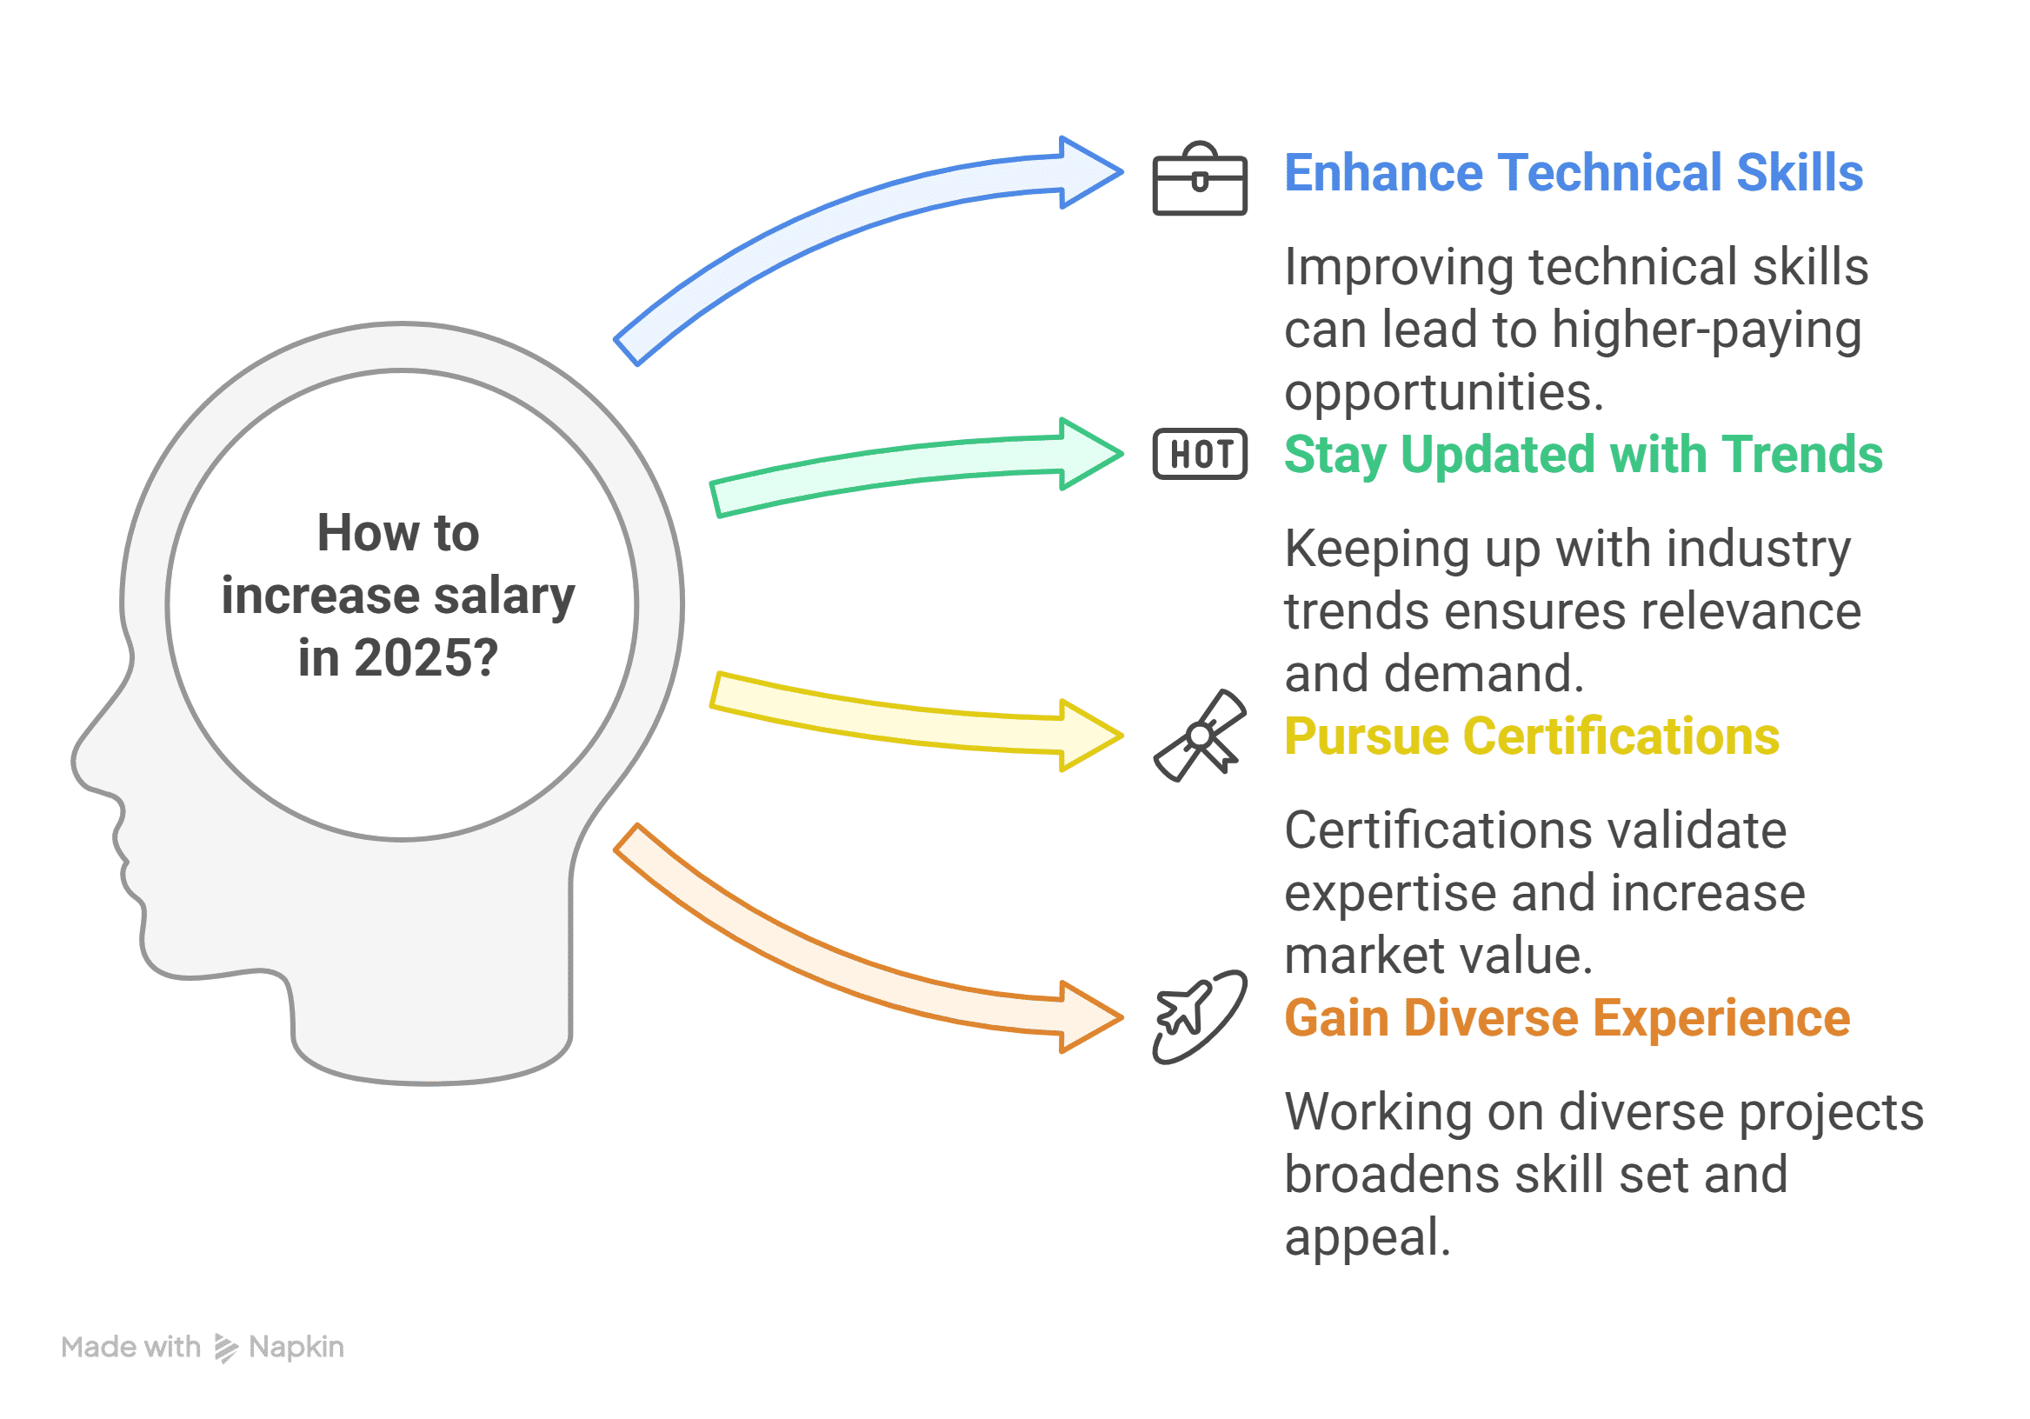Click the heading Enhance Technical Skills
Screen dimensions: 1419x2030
[1573, 172]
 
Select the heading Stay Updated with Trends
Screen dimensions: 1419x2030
[1582, 455]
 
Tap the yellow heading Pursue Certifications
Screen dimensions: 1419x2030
[1531, 736]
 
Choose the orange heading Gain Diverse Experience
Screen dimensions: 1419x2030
[1567, 1017]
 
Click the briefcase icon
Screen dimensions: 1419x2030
[1199, 179]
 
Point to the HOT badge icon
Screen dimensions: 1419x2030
[1199, 455]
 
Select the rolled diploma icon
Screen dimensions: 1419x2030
[1199, 736]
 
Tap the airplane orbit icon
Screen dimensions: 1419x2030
[1199, 1016]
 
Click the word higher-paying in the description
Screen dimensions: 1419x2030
[1707, 330]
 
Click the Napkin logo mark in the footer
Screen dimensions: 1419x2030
[226, 1348]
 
